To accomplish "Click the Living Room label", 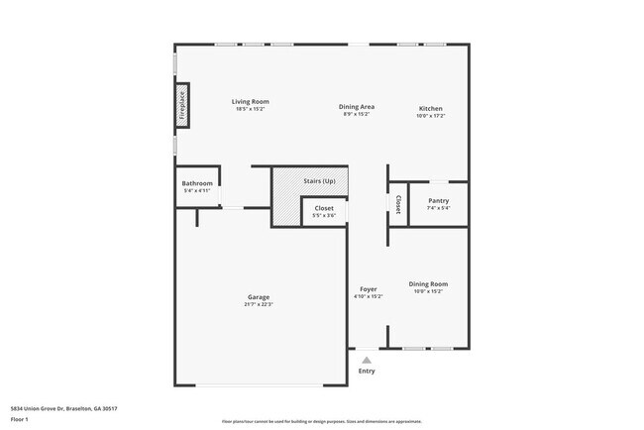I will [x=251, y=101].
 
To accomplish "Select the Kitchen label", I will [x=430, y=108].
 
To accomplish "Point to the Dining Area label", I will [x=357, y=107].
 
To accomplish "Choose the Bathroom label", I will [x=197, y=183].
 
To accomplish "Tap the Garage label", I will [x=259, y=297].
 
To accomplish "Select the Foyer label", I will [x=369, y=288].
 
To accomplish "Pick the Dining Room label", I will [x=428, y=284].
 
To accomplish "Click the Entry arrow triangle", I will [x=367, y=361].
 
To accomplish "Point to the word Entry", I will [x=367, y=372].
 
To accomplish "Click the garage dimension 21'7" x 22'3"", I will [x=259, y=304].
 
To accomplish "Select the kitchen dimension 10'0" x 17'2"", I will [x=430, y=115].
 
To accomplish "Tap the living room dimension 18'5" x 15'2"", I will [x=251, y=108].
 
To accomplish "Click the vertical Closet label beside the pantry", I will [x=398, y=204].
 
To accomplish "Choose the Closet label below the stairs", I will [x=324, y=208].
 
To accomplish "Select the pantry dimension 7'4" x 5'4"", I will [x=438, y=208].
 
